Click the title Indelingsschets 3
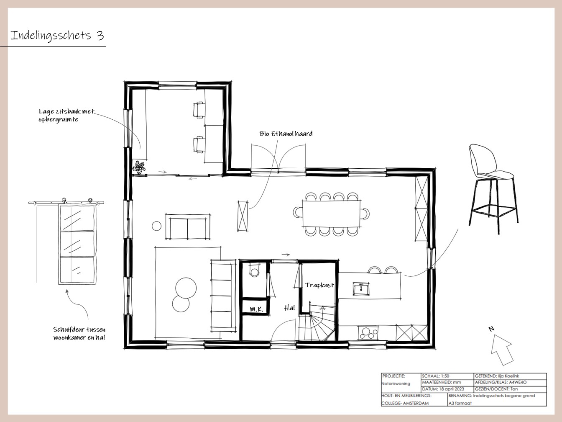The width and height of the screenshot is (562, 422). (57, 36)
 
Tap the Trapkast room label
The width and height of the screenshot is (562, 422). (319, 285)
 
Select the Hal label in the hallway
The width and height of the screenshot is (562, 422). (290, 308)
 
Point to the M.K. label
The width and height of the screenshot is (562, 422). (256, 309)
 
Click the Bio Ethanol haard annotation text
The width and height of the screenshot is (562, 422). (286, 134)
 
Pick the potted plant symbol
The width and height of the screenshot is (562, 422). (139, 167)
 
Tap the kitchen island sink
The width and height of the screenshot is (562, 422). (361, 289)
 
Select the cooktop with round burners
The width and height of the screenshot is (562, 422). (368, 333)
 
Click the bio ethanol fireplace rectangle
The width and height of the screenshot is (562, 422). (243, 216)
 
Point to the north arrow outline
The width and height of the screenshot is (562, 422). (501, 350)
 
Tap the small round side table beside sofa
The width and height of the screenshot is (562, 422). (156, 226)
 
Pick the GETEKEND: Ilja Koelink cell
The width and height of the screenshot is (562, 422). (510, 376)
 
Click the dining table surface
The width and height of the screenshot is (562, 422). (332, 214)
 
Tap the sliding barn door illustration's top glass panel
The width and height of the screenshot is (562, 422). (77, 218)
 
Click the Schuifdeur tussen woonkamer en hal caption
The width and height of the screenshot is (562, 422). (79, 333)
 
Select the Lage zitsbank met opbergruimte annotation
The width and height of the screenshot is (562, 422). (66, 115)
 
